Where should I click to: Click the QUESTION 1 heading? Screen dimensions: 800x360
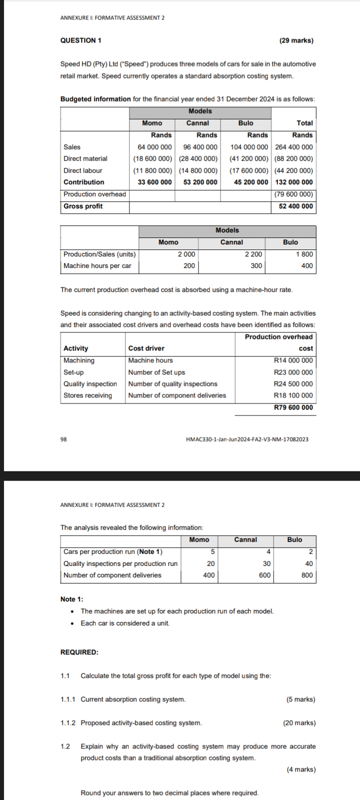tap(80, 40)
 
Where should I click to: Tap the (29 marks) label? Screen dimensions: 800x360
tap(296, 40)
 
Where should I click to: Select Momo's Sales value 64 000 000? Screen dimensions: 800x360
tap(154, 147)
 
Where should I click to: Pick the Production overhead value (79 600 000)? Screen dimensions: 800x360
tap(294, 194)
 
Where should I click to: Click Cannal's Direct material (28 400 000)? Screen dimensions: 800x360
tap(198, 158)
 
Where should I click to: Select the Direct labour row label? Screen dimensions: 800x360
tap(83, 170)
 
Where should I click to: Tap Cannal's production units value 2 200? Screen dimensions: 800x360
tap(253, 254)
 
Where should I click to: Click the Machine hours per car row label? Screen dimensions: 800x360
tap(97, 266)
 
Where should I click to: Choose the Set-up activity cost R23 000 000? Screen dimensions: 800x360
tap(293, 372)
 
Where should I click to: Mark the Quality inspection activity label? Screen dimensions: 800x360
tap(90, 384)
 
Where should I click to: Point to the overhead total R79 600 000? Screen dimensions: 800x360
tap(293, 407)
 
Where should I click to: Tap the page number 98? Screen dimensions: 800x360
tap(63, 439)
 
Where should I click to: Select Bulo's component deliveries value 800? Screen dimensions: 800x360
tap(307, 575)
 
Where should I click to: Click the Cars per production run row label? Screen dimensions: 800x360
tap(113, 552)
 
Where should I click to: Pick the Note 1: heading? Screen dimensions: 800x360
tap(72, 599)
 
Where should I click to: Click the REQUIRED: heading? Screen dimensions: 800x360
tap(79, 652)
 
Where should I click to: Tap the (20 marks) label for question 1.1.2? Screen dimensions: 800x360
tap(299, 723)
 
